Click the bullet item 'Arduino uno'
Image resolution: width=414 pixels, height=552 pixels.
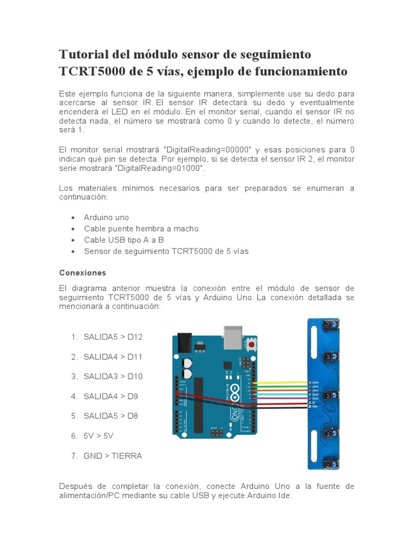click(x=106, y=217)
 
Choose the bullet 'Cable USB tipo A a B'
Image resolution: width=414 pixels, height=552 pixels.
click(x=123, y=240)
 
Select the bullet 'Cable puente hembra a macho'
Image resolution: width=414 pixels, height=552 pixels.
click(x=141, y=229)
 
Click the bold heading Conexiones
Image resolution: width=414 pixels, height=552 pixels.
click(x=82, y=273)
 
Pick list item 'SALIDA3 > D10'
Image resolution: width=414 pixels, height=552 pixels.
click(x=113, y=376)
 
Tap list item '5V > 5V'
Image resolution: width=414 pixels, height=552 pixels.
click(x=99, y=436)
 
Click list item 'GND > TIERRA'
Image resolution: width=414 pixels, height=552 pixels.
click(x=113, y=456)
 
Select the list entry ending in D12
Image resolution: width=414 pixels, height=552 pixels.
click(x=113, y=337)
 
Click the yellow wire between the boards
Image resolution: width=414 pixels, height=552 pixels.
click(x=280, y=383)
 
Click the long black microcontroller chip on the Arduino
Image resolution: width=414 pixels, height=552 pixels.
click(x=198, y=404)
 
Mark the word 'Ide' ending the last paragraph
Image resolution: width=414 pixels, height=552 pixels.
click(x=285, y=496)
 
